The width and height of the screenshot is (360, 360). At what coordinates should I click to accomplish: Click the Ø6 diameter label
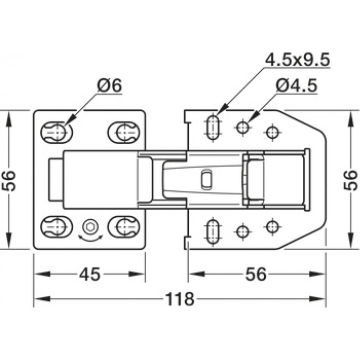click(x=109, y=85)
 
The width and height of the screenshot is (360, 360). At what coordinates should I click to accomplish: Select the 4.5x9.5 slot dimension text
click(x=297, y=59)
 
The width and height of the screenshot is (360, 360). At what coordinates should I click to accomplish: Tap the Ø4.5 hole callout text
click(x=297, y=85)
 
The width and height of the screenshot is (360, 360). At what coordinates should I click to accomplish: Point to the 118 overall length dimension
click(x=180, y=299)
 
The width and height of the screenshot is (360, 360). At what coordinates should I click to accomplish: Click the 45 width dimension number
click(x=90, y=274)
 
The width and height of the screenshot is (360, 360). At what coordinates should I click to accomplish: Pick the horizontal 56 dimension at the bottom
click(x=256, y=274)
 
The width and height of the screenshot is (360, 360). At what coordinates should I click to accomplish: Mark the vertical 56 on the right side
click(x=350, y=180)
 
